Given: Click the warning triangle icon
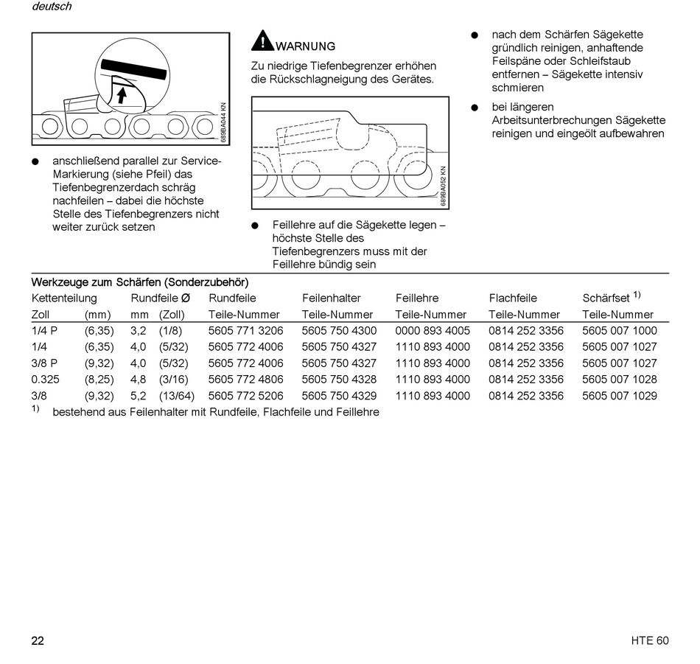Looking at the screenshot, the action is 262,41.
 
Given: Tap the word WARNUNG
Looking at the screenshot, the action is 305,46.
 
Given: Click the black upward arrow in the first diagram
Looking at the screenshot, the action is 122,95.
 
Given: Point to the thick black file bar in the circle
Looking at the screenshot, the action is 133,70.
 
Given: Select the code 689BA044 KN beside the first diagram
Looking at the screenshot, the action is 224,123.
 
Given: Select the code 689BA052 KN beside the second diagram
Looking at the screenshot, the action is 443,186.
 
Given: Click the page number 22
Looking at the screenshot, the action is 38,640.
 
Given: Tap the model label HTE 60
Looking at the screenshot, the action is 650,640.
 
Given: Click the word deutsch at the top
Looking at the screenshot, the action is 52,6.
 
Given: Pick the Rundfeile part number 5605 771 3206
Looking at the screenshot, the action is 245,331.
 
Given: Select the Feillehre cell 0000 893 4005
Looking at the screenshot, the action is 433,331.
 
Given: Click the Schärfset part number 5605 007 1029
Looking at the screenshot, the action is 620,396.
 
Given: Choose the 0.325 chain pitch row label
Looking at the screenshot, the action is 45,380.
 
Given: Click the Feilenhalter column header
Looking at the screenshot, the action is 332,298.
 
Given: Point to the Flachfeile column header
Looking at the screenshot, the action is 513,298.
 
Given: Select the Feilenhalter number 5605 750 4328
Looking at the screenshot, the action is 339,380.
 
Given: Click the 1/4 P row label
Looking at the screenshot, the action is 44,331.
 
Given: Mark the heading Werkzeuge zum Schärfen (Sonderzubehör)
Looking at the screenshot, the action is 140,283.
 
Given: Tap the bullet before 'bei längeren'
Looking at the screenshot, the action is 475,108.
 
